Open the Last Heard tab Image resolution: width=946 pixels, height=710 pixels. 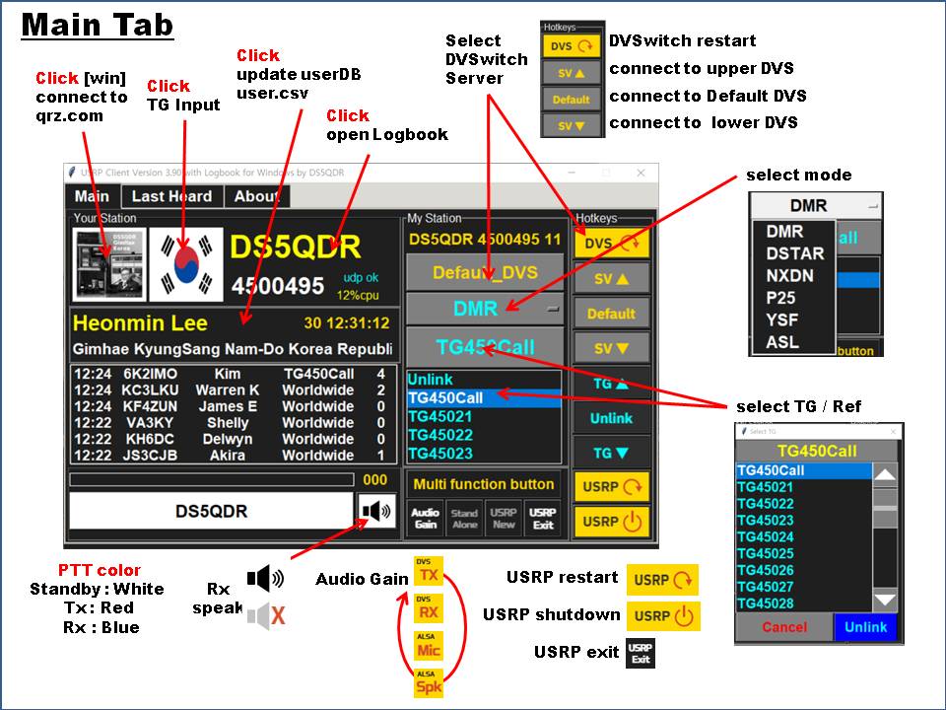[x=171, y=196]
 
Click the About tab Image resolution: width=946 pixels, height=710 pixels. [x=256, y=196]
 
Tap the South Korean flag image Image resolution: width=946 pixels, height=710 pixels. [x=185, y=264]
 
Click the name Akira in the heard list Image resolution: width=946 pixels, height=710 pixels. [x=227, y=456]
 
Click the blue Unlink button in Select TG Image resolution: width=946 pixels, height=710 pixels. [x=866, y=627]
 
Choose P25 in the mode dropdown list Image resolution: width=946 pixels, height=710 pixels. [x=781, y=298]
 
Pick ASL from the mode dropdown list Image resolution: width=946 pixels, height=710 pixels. [x=782, y=342]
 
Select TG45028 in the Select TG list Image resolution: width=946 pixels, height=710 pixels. [x=766, y=603]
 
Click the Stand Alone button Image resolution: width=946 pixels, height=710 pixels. [x=464, y=518]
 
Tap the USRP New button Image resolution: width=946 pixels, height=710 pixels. [x=504, y=518]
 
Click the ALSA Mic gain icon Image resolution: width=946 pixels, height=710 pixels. [x=429, y=646]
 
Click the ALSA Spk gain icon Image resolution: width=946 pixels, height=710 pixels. [x=429, y=682]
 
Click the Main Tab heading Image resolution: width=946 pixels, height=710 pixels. [x=98, y=25]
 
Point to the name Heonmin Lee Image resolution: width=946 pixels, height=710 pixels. [x=140, y=323]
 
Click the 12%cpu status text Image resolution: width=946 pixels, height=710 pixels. [x=359, y=295]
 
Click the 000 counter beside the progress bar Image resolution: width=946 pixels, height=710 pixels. [x=375, y=480]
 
